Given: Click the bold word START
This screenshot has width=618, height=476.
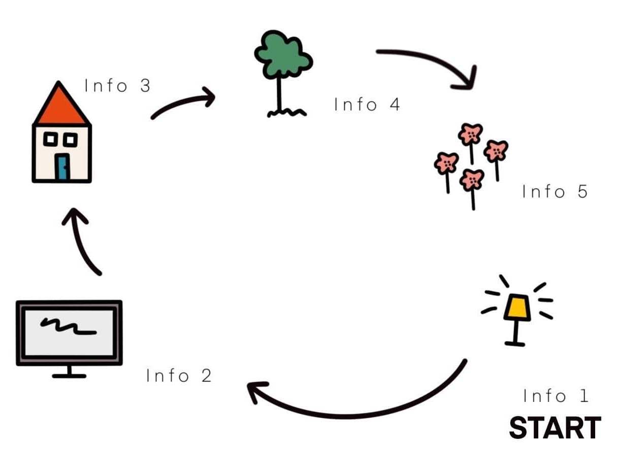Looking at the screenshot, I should [555, 428].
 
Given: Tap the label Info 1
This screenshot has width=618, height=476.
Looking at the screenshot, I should [556, 396].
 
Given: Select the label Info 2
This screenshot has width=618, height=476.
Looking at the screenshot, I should [179, 376].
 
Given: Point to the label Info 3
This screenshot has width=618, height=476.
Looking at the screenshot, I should [118, 85].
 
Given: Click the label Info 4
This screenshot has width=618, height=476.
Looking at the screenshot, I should [367, 105].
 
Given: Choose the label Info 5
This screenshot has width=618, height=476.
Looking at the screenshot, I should [555, 192].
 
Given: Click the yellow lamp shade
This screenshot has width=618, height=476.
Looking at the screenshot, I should [517, 309].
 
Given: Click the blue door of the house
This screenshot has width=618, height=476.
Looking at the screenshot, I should [62, 167].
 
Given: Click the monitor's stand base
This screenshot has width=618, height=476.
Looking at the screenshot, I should [69, 376].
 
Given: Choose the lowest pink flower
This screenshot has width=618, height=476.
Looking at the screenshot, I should [472, 180].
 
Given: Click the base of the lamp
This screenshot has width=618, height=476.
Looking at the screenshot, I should [515, 344].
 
